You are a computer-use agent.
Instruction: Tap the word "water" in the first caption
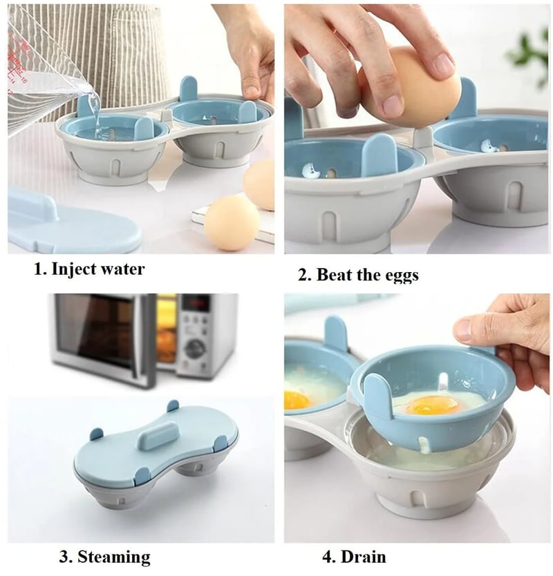point(124,269)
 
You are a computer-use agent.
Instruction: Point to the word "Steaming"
point(116,557)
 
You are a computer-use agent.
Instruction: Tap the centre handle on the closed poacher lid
point(158,436)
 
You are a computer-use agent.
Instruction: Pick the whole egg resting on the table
point(232,222)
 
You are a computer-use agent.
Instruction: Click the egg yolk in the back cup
point(297,399)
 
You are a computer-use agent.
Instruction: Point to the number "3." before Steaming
point(64,557)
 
